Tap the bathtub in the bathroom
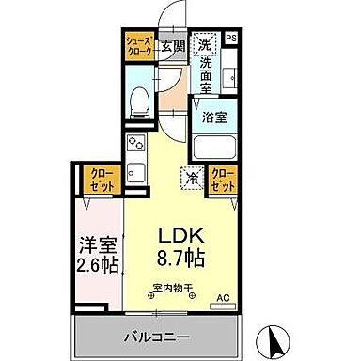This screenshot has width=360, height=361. [x=213, y=149]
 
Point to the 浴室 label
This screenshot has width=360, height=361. [x=214, y=118]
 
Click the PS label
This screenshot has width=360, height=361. [x=231, y=38]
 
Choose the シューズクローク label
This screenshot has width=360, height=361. [x=140, y=47]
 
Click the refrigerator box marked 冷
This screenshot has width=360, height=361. [x=192, y=176]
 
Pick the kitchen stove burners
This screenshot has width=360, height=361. [x=135, y=145]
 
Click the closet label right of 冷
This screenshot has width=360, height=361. [x=224, y=179]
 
